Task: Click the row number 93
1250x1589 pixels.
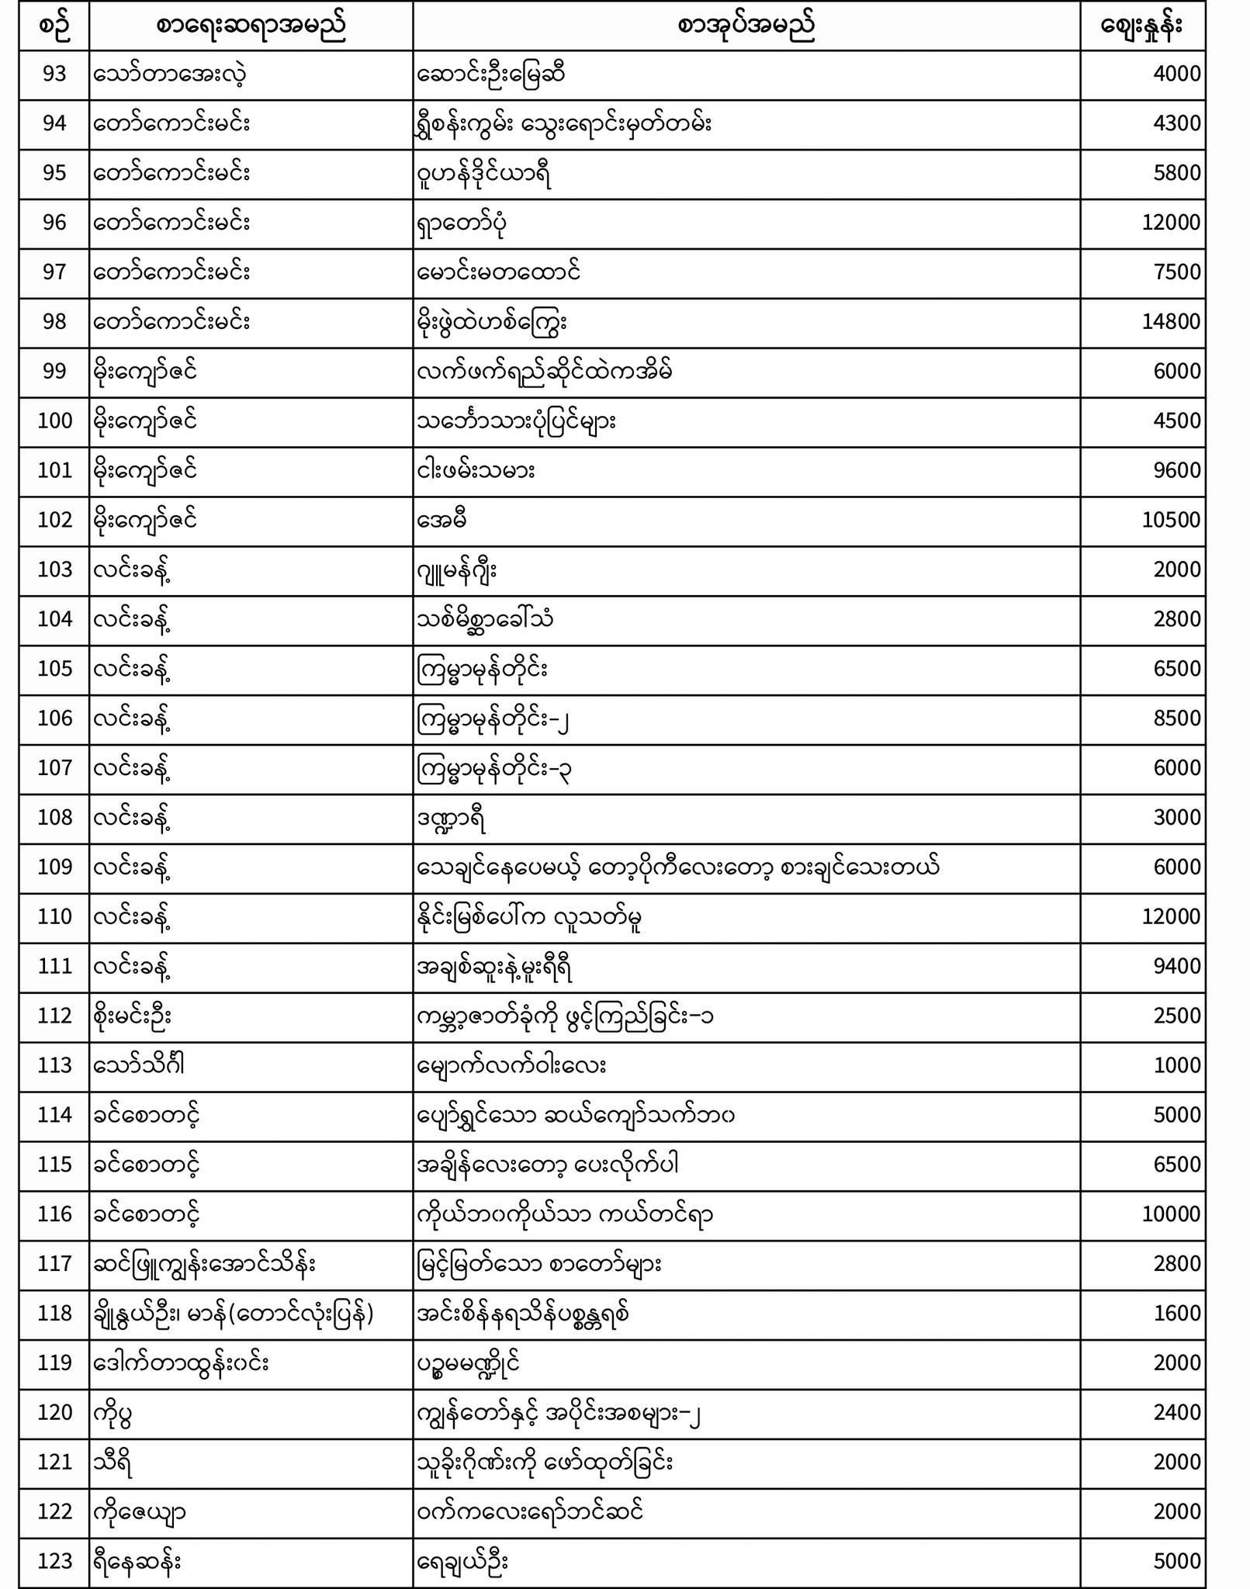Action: coord(54,74)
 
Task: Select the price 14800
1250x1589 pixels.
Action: coord(1171,322)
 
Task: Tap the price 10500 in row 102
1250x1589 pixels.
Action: coord(1171,521)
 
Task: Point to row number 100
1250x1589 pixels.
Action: coord(54,421)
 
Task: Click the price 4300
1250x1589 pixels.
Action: coord(1176,124)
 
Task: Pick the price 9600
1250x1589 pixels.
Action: coord(1176,471)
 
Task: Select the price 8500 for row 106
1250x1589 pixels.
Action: coord(1176,718)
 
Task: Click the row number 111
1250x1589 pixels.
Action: coord(54,967)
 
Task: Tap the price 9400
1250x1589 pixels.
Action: coord(1176,967)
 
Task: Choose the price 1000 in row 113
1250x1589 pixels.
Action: coord(1176,1066)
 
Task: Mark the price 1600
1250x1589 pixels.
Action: coord(1176,1314)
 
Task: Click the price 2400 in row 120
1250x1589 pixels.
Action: coord(1176,1413)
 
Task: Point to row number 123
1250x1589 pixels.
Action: coord(54,1561)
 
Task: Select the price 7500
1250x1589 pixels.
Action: coord(1176,272)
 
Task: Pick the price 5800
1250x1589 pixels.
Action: coord(1176,173)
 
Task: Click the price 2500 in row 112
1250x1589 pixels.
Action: coord(1176,1016)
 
